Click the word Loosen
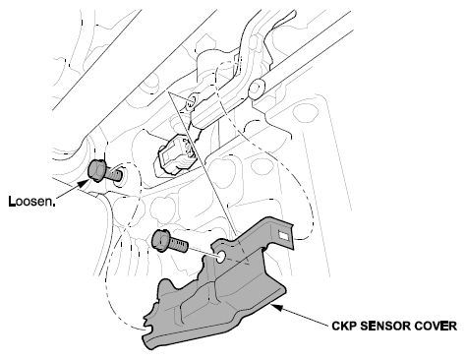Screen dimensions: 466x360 point(31,201)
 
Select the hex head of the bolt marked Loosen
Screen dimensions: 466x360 point(97,170)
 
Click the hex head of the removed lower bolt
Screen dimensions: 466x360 point(160,240)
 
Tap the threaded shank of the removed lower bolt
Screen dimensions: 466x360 point(178,245)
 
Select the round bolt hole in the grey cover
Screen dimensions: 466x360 point(221,256)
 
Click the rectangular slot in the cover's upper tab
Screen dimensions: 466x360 point(283,235)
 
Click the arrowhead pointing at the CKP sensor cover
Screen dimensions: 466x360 point(276,307)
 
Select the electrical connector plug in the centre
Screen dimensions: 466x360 point(174,153)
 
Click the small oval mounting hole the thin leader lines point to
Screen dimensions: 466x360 point(191,101)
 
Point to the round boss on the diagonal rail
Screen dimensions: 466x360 point(257,88)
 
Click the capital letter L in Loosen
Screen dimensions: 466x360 point(12,201)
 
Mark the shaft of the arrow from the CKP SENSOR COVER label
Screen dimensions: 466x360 point(305,317)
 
